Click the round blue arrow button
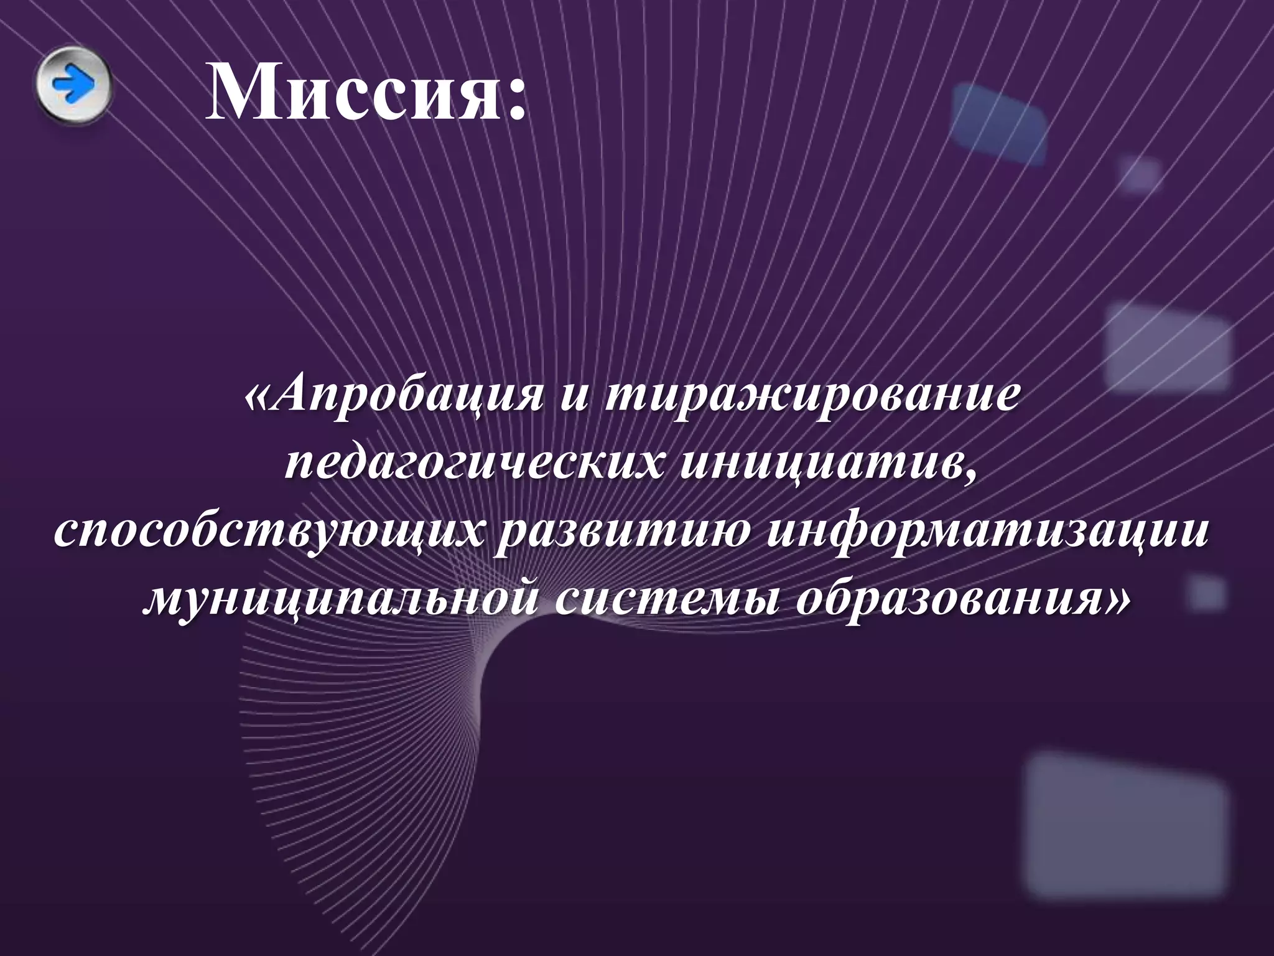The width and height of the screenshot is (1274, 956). (x=73, y=85)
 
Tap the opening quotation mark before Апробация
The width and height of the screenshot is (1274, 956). (x=260, y=399)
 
